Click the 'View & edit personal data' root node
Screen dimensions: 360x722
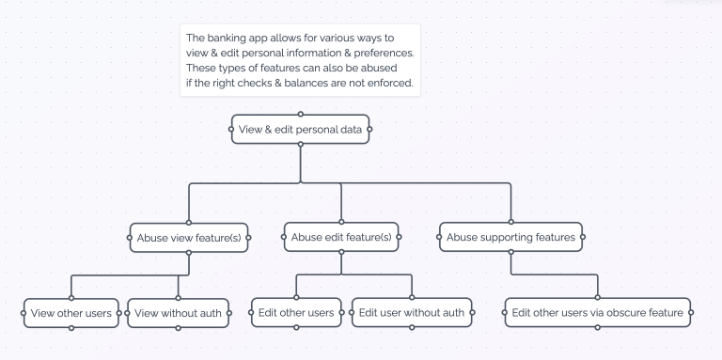300,129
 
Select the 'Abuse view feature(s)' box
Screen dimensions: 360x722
189,238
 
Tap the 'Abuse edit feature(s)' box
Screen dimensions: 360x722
341,238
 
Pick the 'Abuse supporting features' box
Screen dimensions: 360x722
510,238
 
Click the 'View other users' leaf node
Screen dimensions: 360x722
71,312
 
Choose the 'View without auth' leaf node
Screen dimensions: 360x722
177,312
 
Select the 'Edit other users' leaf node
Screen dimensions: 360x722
296,312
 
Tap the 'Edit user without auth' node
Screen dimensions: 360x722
412,312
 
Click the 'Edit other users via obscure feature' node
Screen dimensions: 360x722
598,312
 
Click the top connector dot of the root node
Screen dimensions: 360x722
300,114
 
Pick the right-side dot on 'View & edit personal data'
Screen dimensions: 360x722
369,129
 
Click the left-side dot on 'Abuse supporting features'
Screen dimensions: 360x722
439,238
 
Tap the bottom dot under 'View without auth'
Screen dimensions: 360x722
177,327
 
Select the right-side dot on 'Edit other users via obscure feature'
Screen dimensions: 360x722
692,312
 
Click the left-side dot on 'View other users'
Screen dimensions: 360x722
24,312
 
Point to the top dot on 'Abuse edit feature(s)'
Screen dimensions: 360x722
341,223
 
